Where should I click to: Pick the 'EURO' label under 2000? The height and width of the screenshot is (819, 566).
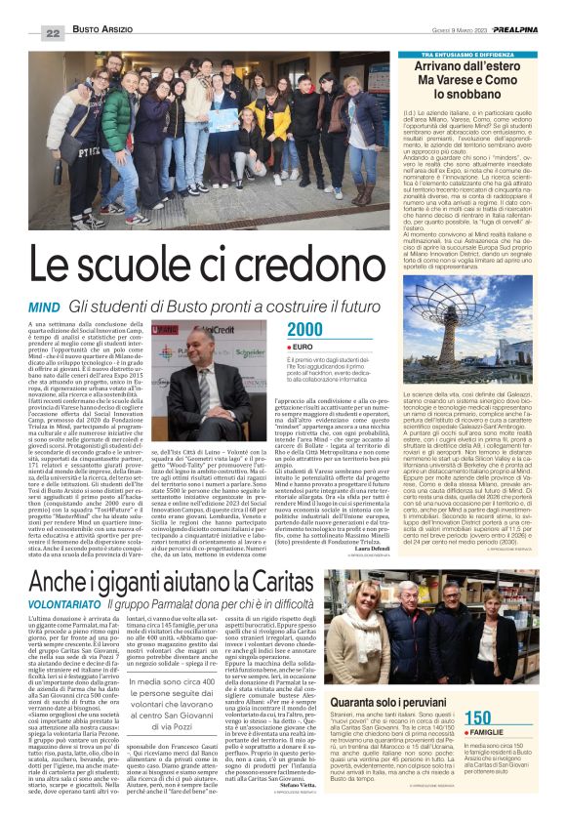click(303, 347)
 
